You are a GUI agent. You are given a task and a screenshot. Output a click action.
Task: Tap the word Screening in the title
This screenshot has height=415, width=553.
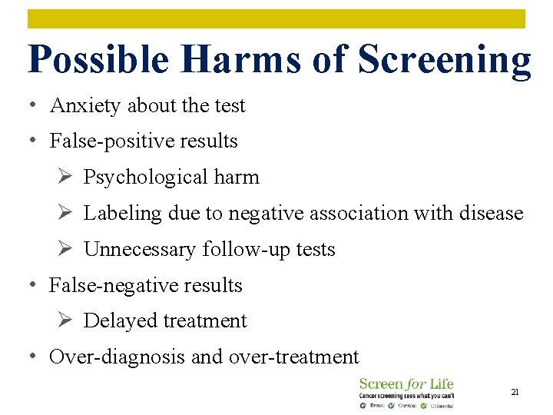(x=444, y=60)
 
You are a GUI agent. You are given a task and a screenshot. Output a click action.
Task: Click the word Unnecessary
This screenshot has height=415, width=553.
(x=140, y=250)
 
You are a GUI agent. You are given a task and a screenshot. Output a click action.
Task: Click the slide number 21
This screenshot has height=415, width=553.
(x=515, y=392)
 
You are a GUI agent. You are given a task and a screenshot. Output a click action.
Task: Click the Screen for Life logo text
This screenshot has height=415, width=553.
(x=406, y=383)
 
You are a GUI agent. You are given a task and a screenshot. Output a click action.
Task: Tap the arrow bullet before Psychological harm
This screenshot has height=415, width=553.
(x=65, y=178)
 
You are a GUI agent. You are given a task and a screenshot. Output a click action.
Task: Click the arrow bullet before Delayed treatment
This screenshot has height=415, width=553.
(x=65, y=320)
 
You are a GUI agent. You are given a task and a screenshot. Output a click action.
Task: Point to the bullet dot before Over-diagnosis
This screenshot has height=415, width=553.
(x=33, y=355)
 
